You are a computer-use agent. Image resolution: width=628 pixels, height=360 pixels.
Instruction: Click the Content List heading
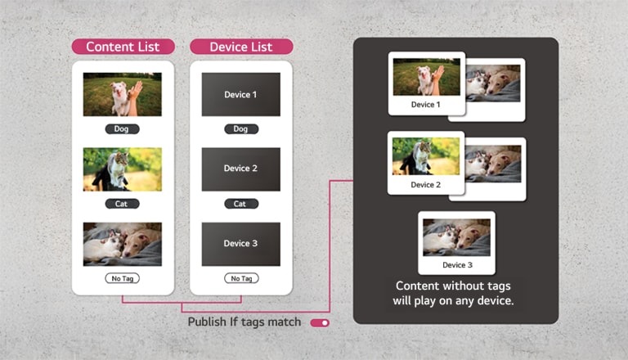click(123, 47)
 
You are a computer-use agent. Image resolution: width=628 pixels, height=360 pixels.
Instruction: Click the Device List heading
click(241, 47)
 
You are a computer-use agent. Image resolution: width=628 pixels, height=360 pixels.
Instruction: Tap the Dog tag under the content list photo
click(122, 129)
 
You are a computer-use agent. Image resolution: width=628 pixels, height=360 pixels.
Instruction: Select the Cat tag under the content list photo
click(122, 204)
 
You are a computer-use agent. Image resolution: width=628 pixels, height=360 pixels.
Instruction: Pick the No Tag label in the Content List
click(122, 279)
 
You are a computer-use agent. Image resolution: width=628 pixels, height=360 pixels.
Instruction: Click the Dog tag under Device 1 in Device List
click(240, 129)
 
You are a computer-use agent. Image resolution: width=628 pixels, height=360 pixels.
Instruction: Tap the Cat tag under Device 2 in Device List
click(240, 204)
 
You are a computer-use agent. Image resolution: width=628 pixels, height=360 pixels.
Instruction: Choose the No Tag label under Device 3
click(240, 279)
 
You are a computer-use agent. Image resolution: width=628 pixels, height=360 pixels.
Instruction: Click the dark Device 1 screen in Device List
click(240, 95)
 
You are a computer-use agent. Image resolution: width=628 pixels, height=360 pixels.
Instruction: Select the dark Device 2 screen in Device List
click(240, 169)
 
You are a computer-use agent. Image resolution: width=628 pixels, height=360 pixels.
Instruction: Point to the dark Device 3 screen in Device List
click(240, 243)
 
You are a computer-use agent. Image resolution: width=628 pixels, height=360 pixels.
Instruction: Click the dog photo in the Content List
click(122, 94)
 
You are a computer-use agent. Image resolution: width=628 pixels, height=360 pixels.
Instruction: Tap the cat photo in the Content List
click(122, 169)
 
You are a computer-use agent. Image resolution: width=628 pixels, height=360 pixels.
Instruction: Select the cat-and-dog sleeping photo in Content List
click(122, 243)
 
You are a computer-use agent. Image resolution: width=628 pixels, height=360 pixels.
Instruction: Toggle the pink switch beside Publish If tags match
click(320, 323)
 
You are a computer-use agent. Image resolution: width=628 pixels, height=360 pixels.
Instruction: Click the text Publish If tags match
click(244, 322)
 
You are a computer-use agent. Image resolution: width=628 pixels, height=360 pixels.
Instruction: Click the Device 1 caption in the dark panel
click(425, 105)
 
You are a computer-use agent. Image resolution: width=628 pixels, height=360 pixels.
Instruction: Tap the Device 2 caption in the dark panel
click(425, 185)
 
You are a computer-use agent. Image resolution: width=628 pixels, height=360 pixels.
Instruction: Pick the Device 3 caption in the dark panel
click(457, 265)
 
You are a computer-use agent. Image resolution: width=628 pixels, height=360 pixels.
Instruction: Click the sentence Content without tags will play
click(453, 293)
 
